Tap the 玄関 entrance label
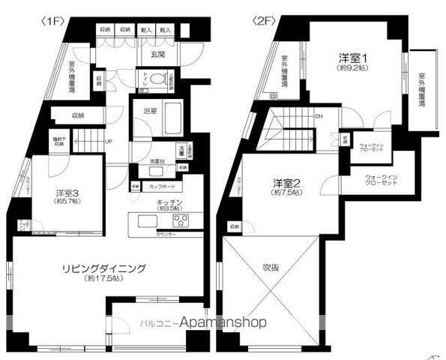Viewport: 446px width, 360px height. [x=157, y=55]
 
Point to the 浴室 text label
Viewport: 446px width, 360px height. [x=150, y=111]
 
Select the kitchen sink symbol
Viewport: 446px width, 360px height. [x=147, y=220]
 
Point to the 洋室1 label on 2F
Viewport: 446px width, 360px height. [x=349, y=56]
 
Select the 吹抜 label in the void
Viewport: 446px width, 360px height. [x=271, y=266]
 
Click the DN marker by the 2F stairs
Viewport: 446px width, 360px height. [x=318, y=116]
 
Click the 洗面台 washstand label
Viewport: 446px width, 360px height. [x=157, y=161]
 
